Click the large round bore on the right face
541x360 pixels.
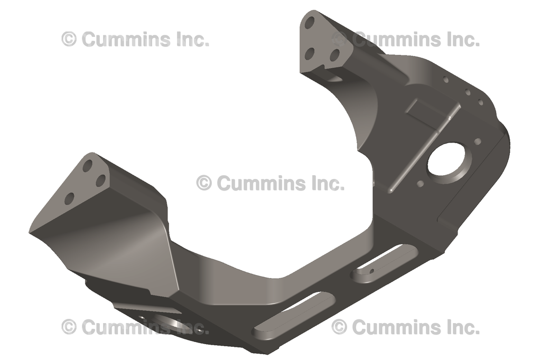pos(448,160)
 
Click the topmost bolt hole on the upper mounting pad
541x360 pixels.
pos(310,23)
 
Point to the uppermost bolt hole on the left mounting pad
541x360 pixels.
pos(88,166)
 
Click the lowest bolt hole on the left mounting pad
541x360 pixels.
pos(69,199)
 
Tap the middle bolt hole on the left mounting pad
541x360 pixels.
pos(100,181)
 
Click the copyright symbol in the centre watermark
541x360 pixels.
pos(204,183)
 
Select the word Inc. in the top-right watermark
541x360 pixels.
pos(462,39)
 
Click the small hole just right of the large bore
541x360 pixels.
pos(478,141)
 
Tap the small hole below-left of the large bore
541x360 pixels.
pos(421,184)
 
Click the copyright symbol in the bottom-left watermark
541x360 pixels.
pos(69,327)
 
